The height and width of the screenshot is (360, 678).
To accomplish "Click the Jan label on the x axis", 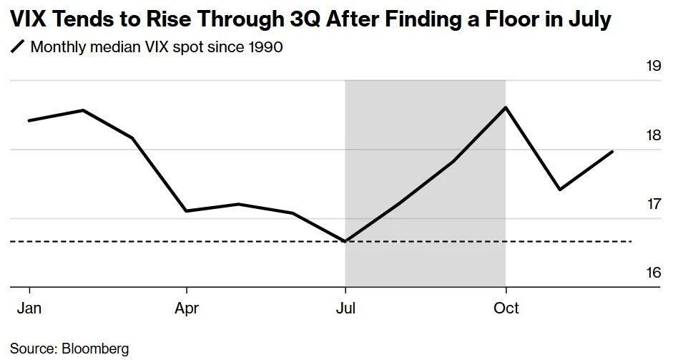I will click(x=29, y=308).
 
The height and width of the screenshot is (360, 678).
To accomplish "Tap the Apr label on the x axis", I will click(x=187, y=308).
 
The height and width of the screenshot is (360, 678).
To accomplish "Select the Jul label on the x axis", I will click(x=345, y=308).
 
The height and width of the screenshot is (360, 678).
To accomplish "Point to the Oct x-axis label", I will click(x=506, y=308).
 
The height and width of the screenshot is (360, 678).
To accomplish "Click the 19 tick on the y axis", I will click(x=653, y=67).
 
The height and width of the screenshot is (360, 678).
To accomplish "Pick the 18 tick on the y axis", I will click(x=653, y=136).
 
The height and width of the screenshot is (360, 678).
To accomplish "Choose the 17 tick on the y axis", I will click(x=653, y=205).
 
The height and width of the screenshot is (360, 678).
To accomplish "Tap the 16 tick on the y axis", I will click(x=653, y=273).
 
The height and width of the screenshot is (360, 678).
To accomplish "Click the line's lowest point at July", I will click(x=345, y=241).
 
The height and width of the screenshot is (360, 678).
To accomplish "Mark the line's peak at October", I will click(x=506, y=107).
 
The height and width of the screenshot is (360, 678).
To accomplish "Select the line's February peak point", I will click(x=83, y=110).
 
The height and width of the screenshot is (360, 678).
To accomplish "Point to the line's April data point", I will click(x=187, y=211).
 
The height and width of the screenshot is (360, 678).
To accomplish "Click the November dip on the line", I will click(x=559, y=190).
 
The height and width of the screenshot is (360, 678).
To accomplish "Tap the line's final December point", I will click(x=612, y=152).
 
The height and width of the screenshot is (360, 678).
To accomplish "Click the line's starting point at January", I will click(x=29, y=120).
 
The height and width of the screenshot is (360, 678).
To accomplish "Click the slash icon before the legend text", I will click(x=17, y=48).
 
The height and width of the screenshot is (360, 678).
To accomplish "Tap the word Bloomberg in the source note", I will click(x=95, y=349).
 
